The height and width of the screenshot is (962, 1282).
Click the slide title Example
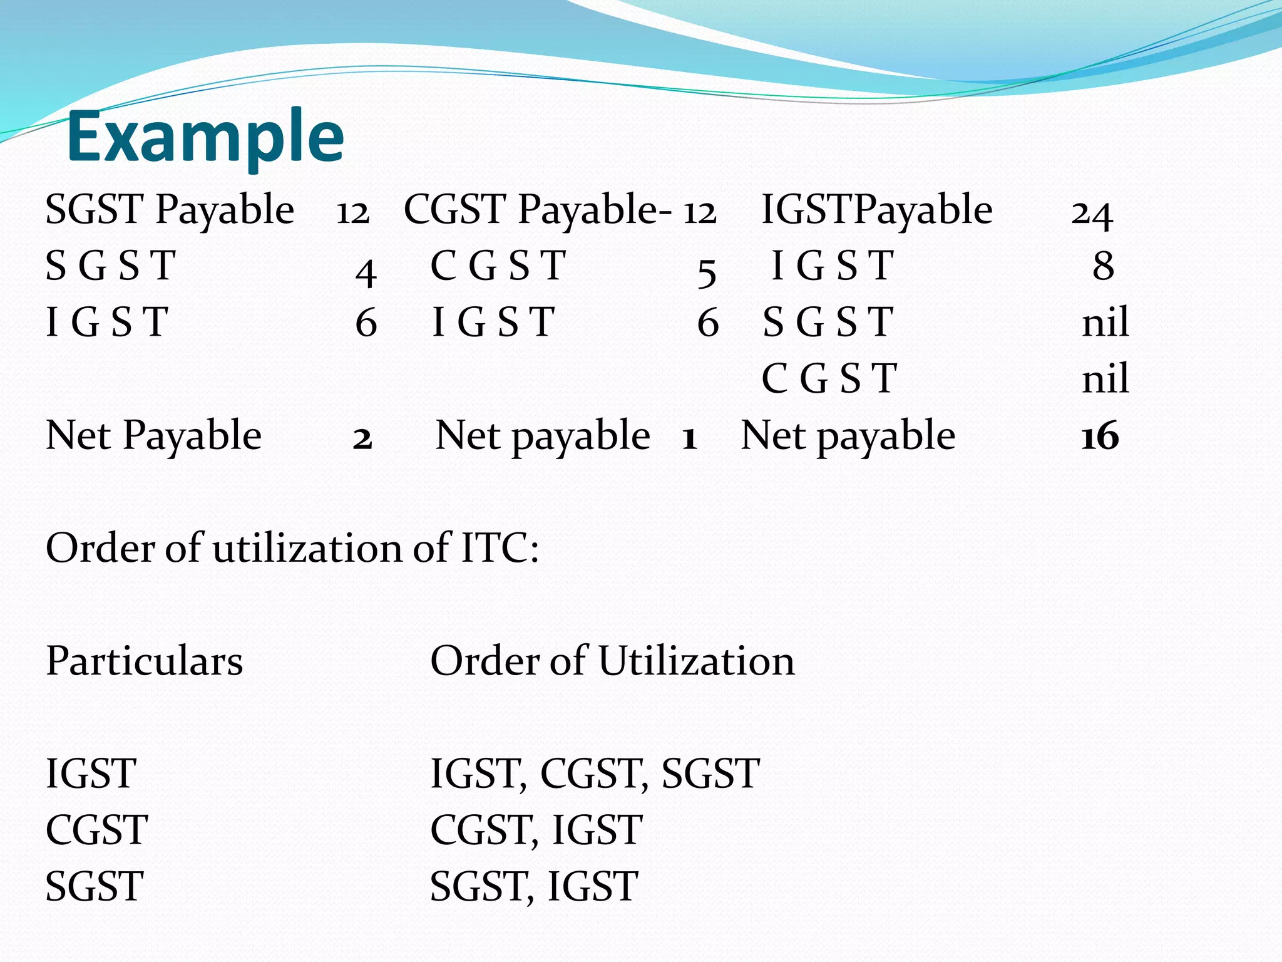[x=205, y=137]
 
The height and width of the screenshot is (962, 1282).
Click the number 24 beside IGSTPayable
[x=1092, y=213]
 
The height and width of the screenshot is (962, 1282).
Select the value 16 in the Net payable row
[x=1100, y=437]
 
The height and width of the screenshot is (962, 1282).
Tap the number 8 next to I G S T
[x=1103, y=266]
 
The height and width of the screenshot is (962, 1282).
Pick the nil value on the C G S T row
[x=1105, y=379]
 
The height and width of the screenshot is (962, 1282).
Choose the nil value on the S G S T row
[x=1105, y=323]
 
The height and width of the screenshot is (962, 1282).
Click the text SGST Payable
[x=170, y=210]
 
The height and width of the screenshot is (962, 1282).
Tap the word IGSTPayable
[x=877, y=210]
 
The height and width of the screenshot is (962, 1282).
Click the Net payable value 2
[x=362, y=438]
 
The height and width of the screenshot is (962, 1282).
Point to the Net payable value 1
[x=689, y=438]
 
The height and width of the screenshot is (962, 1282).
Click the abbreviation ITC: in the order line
[x=500, y=549]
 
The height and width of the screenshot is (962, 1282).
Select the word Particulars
[x=145, y=661]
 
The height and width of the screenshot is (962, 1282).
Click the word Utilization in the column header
[x=696, y=661]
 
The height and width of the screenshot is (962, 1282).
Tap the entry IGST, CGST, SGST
[x=595, y=774]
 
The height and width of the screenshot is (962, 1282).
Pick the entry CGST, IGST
[x=536, y=830]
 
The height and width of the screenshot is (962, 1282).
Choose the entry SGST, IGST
[x=533, y=887]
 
